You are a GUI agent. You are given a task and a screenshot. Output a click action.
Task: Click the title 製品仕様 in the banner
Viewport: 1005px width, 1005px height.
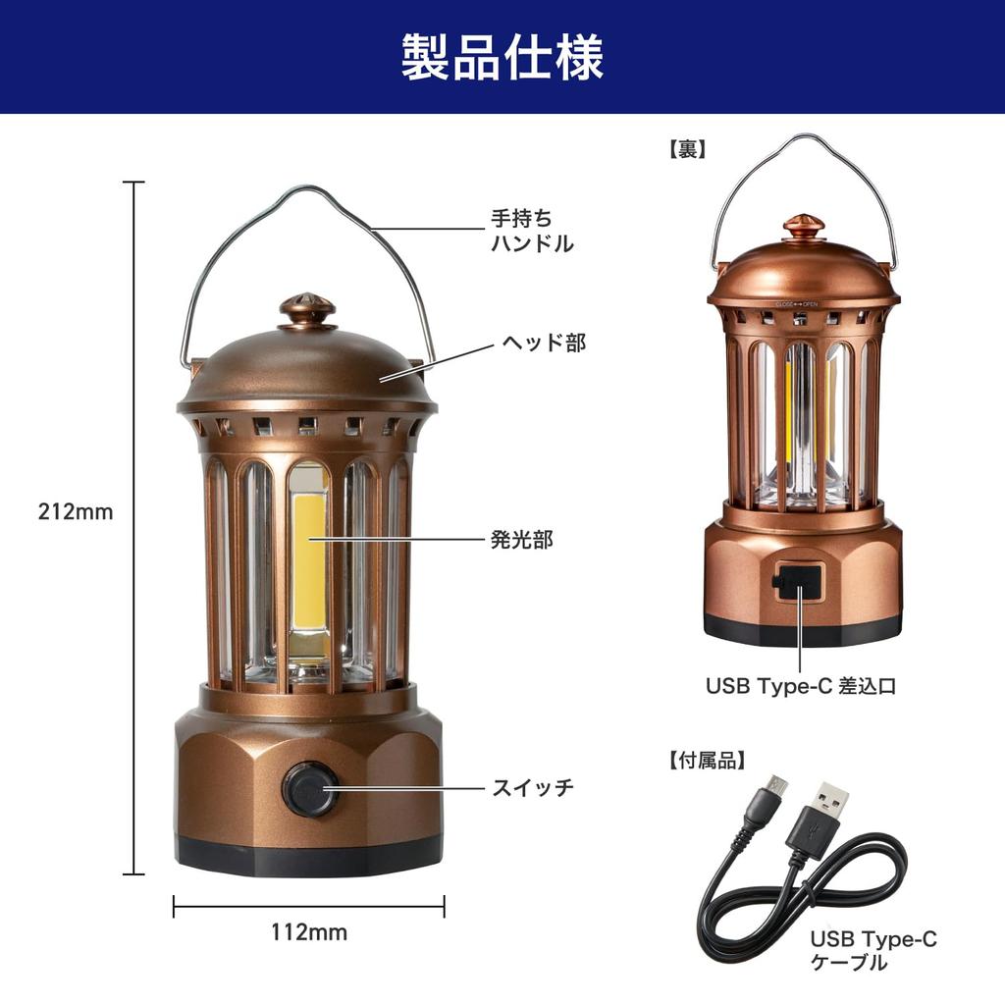[502, 57]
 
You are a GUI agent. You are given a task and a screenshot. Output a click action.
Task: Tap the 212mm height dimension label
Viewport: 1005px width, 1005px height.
[76, 511]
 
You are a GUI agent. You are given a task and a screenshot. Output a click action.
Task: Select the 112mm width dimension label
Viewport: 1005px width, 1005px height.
[309, 932]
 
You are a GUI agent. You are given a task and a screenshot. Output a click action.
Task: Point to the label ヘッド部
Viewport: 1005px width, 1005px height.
[544, 343]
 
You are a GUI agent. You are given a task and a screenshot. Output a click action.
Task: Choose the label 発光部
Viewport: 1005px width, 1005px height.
[521, 540]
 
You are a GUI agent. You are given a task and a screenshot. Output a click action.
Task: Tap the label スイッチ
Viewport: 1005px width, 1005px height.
[532, 787]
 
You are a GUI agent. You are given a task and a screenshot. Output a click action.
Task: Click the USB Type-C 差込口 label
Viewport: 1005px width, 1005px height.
[801, 686]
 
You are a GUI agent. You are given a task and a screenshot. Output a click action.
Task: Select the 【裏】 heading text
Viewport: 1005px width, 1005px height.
[687, 149]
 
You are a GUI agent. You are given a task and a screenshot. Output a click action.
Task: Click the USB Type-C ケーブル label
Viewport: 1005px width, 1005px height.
[873, 951]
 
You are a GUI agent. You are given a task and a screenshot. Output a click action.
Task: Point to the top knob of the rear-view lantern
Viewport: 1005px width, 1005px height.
[803, 228]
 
